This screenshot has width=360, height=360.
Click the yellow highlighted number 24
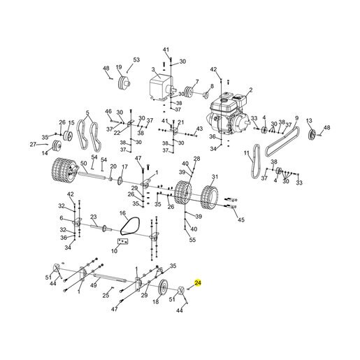[x=198, y=283]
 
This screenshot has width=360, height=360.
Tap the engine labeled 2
[x=228, y=114]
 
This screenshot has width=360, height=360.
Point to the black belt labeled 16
[x=130, y=226]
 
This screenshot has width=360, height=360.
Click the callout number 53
[x=136, y=60]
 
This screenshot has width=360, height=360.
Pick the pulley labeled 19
[x=124, y=83]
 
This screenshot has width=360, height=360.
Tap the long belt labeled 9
[x=282, y=141]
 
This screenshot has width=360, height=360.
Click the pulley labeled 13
[x=312, y=135]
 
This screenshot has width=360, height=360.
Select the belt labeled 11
[x=255, y=161]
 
